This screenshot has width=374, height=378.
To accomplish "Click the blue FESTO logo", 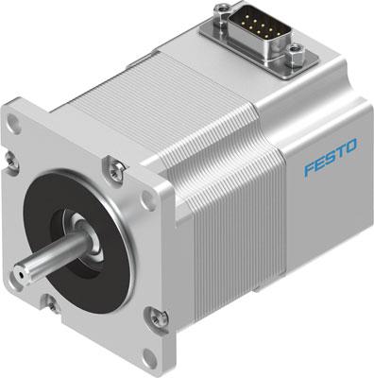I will pos(331,167).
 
